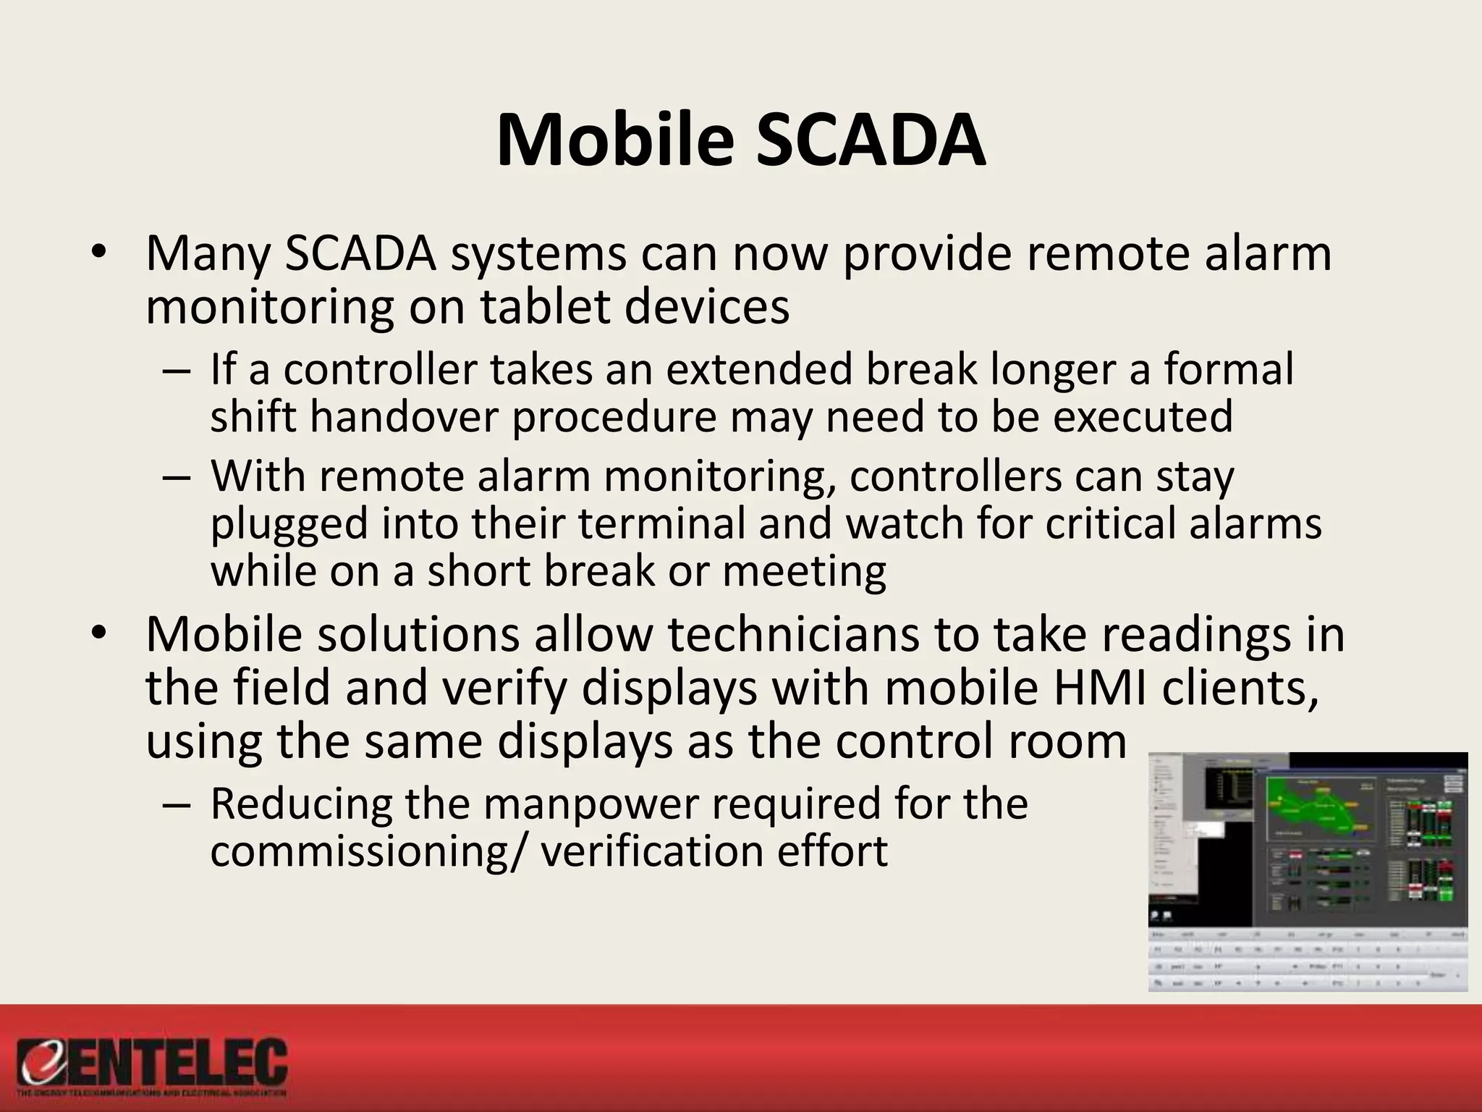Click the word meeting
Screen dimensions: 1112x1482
(x=804, y=571)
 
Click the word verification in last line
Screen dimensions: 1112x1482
(x=652, y=851)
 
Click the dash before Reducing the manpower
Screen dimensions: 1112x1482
(x=176, y=805)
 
